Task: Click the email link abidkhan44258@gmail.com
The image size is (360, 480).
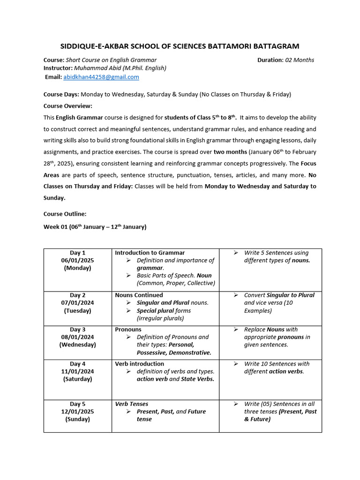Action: tap(101, 77)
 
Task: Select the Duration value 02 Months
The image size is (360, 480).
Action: tap(300, 60)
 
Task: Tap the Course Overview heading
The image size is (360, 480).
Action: tap(68, 105)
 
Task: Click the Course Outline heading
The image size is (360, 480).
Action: tap(65, 214)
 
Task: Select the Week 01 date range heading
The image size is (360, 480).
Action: tap(95, 227)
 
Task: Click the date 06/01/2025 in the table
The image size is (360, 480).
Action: tap(77, 261)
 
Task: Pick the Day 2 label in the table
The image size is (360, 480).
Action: tap(78, 295)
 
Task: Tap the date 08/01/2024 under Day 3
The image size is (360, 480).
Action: tap(77, 337)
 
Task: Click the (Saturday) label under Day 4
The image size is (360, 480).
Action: tap(77, 379)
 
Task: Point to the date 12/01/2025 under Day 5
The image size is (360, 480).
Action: tap(77, 412)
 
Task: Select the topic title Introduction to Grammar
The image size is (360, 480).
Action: tap(150, 253)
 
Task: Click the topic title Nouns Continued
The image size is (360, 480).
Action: tap(139, 295)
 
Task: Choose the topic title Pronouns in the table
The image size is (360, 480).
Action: tap(128, 330)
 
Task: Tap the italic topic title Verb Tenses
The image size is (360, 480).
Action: tap(132, 404)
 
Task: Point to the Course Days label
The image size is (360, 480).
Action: tap(61, 94)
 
